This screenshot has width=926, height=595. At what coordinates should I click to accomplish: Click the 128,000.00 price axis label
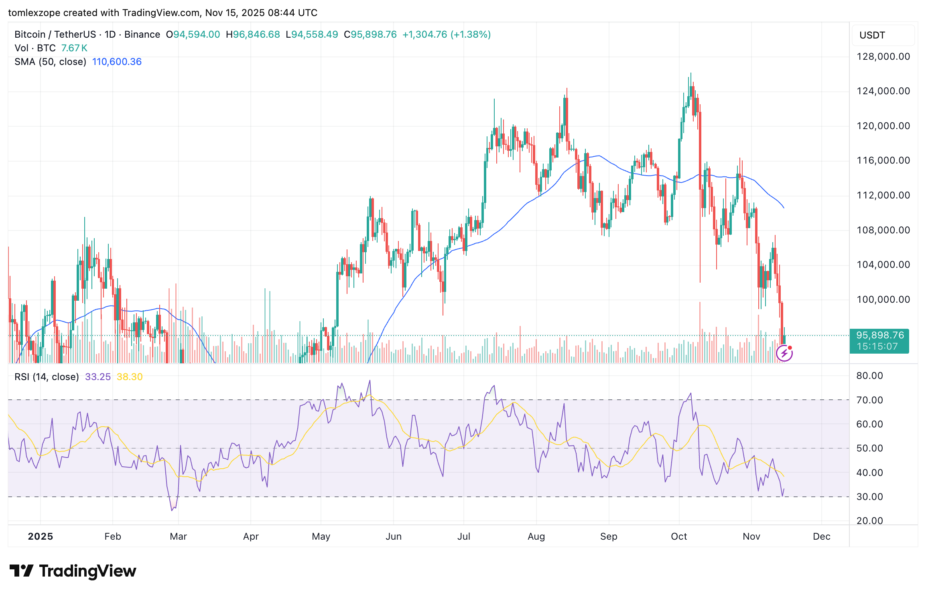pyautogui.click(x=883, y=57)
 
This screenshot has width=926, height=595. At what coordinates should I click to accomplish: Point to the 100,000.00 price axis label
pyautogui.click(x=883, y=300)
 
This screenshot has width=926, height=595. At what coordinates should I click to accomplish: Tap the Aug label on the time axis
pyautogui.click(x=536, y=536)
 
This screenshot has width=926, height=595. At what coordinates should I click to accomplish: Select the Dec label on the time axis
pyautogui.click(x=821, y=536)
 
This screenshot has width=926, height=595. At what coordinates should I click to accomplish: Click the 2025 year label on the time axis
pyautogui.click(x=40, y=536)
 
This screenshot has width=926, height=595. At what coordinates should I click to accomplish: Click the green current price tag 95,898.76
pyautogui.click(x=879, y=336)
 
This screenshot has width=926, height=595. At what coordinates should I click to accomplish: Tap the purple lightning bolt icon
pyautogui.click(x=784, y=353)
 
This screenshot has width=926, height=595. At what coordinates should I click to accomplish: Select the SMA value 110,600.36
pyautogui.click(x=117, y=62)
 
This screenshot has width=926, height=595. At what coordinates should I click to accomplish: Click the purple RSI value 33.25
pyautogui.click(x=97, y=377)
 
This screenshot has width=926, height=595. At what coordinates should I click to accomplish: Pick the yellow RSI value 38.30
pyautogui.click(x=130, y=377)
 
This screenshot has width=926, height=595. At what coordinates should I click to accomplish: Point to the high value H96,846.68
pyautogui.click(x=253, y=34)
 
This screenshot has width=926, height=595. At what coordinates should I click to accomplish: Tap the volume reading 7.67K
pyautogui.click(x=74, y=48)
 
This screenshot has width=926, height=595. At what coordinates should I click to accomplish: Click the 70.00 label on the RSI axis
pyautogui.click(x=869, y=400)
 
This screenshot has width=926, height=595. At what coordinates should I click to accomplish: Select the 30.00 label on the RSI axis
pyautogui.click(x=869, y=497)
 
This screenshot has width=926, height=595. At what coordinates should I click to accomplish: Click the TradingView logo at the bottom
pyautogui.click(x=73, y=571)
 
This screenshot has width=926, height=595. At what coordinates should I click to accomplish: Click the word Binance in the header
pyautogui.click(x=142, y=34)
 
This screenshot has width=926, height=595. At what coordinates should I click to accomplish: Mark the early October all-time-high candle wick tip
pyautogui.click(x=690, y=73)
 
